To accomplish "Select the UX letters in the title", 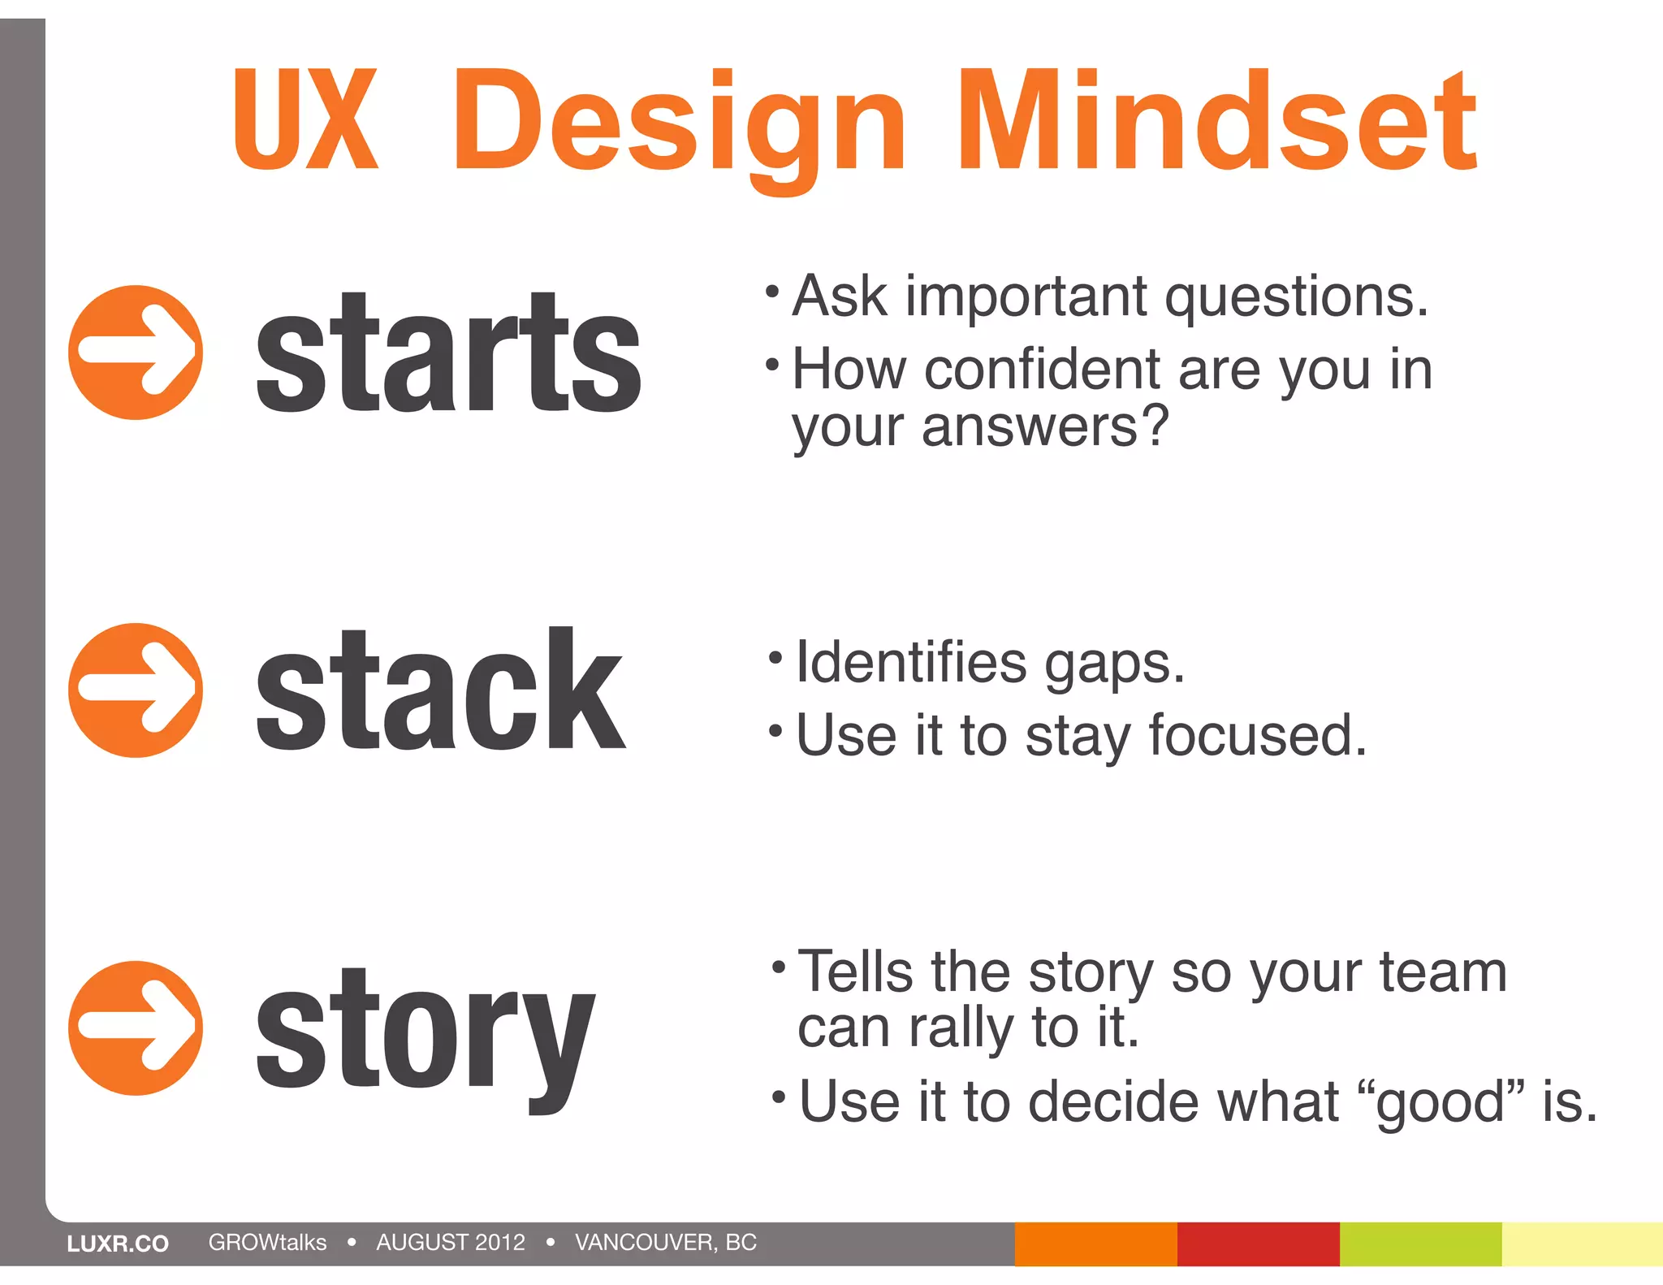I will coord(305,120).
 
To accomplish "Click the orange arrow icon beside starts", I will coord(136,352).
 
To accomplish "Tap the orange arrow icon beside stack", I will coord(136,690).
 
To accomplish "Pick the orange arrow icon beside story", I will coord(136,1028).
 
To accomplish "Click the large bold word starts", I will coord(448,354).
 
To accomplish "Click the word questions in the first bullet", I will coord(1296,297).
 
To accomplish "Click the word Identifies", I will coord(911,663).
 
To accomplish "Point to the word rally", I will coord(961,1028).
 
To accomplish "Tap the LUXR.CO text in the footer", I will coord(118,1244).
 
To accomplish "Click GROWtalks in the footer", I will coord(267,1243).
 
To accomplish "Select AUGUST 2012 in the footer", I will coord(451,1243).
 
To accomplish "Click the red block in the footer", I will coord(1258,1244).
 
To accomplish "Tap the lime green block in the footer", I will coord(1420,1244).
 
